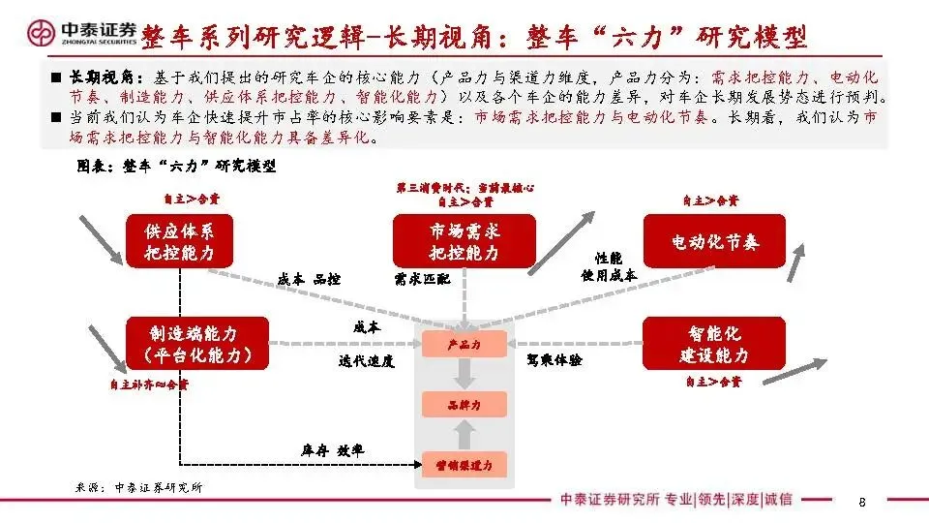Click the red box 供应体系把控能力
pos(181,242)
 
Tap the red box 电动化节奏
pos(715,242)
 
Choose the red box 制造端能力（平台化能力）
pos(196,344)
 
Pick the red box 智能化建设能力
pos(715,344)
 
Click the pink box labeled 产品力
pos(464,344)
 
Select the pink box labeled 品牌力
pos(464,405)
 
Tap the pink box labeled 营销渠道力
pos(464,466)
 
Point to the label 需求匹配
pos(423,279)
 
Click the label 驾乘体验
pos(554,359)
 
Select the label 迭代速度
pos(367,360)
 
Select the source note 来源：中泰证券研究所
pos(139,487)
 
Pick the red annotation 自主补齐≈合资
pos(148,385)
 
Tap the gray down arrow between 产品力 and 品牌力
pos(464,374)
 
